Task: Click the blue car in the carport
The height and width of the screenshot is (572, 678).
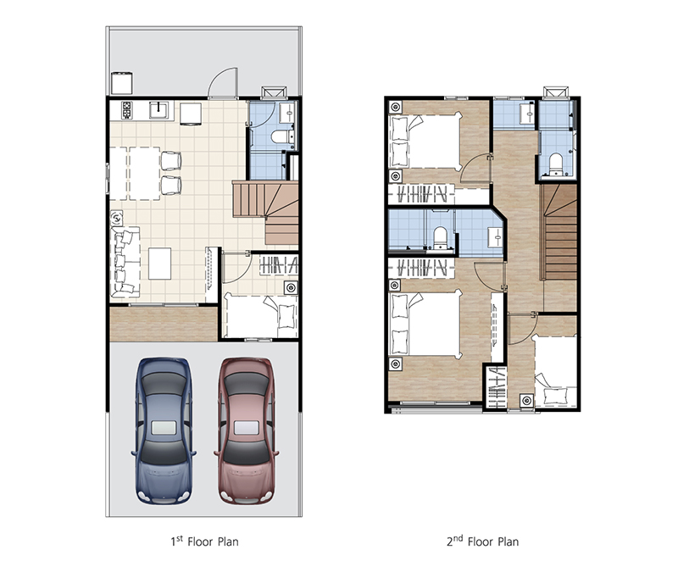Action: point(164,430)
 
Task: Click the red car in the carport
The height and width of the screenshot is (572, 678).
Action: point(247,430)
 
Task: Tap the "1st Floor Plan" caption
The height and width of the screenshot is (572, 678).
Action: point(204,541)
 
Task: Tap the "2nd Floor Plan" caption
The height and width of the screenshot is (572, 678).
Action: point(482,541)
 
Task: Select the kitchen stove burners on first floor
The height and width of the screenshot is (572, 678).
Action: point(126,110)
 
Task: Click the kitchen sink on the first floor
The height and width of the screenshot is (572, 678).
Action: point(159,110)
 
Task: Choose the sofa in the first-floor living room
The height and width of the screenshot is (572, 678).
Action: point(125,262)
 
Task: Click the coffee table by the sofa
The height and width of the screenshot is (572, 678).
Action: point(160,264)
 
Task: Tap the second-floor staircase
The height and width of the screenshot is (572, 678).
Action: point(560,232)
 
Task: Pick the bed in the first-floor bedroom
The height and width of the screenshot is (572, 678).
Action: point(261,316)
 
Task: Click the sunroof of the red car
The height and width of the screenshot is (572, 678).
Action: point(247,428)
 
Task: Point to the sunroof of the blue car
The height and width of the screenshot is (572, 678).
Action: point(164,428)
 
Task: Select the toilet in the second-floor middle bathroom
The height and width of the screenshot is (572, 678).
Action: point(440,237)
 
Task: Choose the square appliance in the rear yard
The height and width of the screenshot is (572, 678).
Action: point(121,83)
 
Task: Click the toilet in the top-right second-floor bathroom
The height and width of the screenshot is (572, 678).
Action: point(555,164)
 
